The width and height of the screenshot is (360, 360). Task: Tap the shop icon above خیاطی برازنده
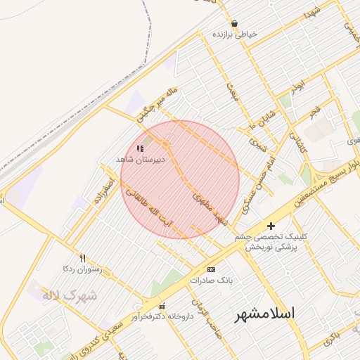[x=233, y=23]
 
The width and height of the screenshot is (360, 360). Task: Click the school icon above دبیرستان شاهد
[x=139, y=149]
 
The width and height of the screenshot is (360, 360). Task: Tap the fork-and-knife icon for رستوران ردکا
[x=82, y=258]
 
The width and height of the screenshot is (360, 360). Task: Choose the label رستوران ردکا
[x=83, y=269]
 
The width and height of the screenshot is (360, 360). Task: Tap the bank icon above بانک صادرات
[x=211, y=269]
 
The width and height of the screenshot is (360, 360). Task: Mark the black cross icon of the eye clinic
[x=271, y=226]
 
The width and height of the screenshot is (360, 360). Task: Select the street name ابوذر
[x=300, y=88]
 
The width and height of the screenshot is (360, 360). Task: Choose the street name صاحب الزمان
[x=209, y=318]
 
